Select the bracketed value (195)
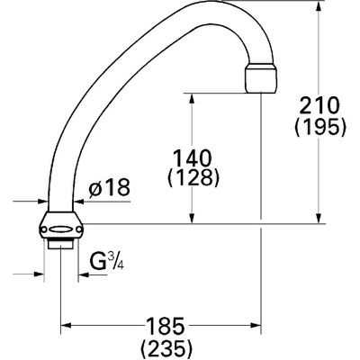click(x=320, y=127)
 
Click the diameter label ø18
click(x=109, y=187)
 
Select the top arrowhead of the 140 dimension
click(x=192, y=94)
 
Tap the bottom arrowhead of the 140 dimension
click(x=192, y=220)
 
